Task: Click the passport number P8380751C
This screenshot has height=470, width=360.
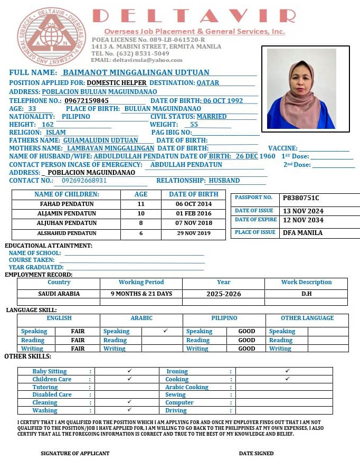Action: click(301, 198)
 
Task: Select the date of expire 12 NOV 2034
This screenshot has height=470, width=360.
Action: click(303, 220)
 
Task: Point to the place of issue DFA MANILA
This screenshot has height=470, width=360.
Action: click(302, 232)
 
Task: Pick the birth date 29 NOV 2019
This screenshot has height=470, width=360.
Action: click(194, 233)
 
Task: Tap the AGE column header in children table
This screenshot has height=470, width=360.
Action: click(141, 194)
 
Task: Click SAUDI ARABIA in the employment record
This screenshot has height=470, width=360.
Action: click(59, 294)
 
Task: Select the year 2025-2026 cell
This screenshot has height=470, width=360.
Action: click(224, 294)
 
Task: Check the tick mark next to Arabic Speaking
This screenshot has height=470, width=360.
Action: click(165, 331)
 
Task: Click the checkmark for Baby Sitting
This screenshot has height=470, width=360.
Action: click(129, 371)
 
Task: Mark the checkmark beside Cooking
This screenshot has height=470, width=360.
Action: click(287, 379)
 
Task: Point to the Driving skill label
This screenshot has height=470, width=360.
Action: click(176, 410)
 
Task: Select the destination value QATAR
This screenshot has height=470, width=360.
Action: click(208, 83)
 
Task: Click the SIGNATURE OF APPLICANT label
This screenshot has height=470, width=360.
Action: click(75, 453)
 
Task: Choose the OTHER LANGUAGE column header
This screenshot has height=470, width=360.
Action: click(307, 318)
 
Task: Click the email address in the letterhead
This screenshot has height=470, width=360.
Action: click(137, 60)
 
